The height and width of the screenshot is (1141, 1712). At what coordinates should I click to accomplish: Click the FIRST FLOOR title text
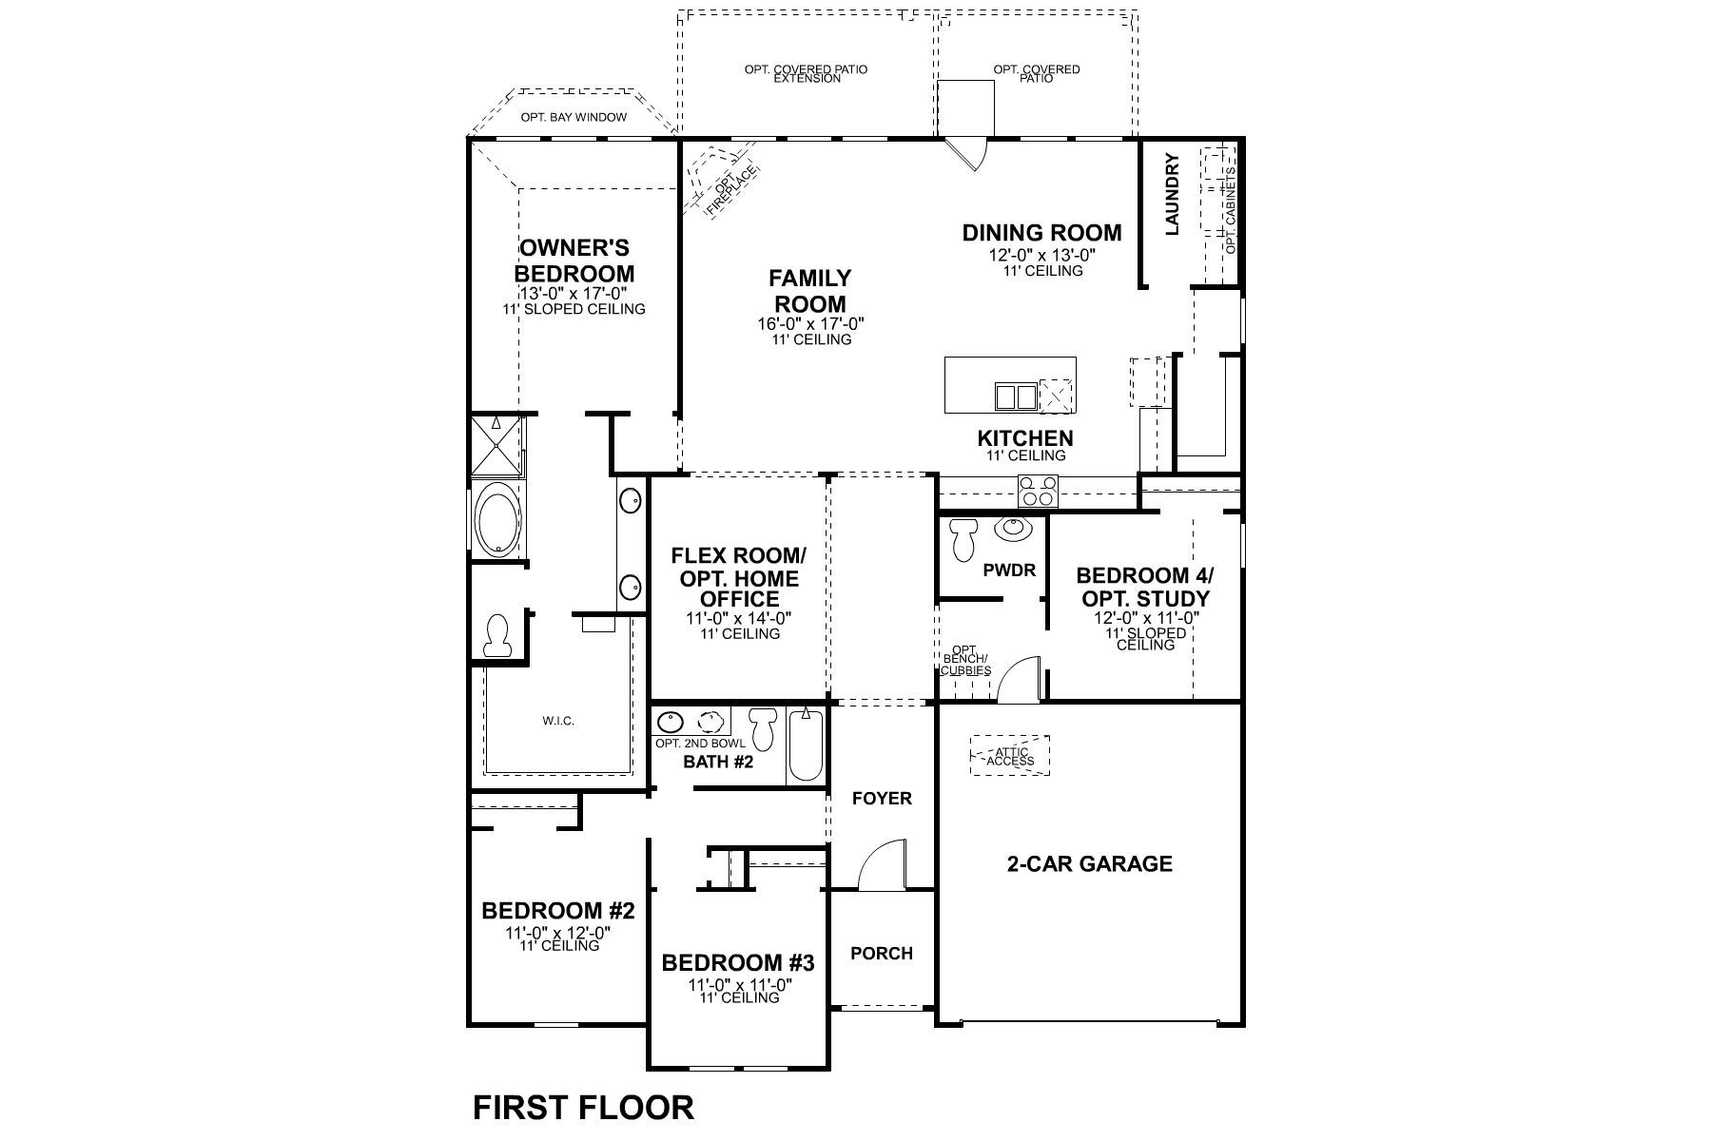click(x=583, y=1108)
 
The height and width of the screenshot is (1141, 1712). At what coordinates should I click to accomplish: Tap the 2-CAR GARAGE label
click(x=1089, y=864)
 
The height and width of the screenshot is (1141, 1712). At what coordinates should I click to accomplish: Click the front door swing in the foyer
click(x=881, y=865)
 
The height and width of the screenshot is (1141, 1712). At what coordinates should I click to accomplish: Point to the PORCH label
click(x=882, y=954)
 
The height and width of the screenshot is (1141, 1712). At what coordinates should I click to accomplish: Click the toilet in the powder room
click(x=963, y=541)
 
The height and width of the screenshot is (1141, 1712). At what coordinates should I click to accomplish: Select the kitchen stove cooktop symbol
click(x=1038, y=491)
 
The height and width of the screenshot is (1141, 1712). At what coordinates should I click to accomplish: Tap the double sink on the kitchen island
click(x=1014, y=396)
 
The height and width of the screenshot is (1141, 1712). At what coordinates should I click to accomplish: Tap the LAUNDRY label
click(x=1172, y=194)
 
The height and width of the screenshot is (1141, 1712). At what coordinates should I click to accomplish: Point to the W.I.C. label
click(x=558, y=721)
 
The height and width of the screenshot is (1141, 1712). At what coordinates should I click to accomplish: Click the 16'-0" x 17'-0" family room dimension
click(x=810, y=324)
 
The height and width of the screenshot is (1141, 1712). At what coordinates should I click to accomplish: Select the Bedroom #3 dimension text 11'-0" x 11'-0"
click(x=740, y=985)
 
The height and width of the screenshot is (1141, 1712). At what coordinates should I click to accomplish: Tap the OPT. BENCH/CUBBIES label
click(x=964, y=660)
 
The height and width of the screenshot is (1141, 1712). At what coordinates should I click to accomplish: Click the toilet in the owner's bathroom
click(x=496, y=635)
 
